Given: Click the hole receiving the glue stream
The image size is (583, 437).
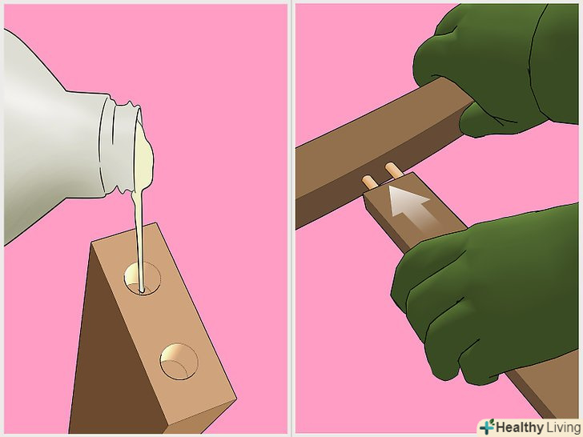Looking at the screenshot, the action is [x=142, y=278].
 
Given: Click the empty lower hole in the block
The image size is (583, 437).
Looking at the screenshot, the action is [x=179, y=361].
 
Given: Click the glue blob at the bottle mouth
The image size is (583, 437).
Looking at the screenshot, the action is [x=143, y=152].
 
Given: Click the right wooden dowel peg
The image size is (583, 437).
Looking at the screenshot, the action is [x=393, y=170].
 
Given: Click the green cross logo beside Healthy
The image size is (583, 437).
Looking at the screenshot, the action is [x=487, y=427].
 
